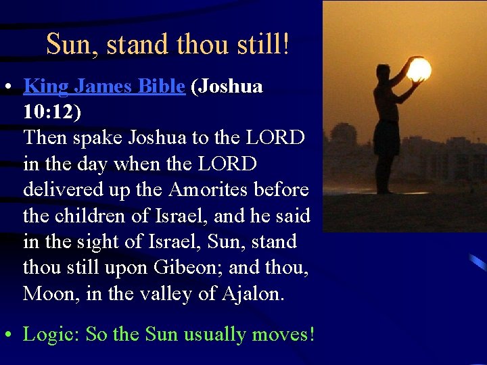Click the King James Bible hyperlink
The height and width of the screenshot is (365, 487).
104,87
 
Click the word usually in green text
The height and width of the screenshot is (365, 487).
214,335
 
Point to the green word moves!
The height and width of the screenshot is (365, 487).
285,335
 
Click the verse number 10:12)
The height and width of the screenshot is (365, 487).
51,112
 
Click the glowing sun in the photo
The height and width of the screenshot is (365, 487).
419,69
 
